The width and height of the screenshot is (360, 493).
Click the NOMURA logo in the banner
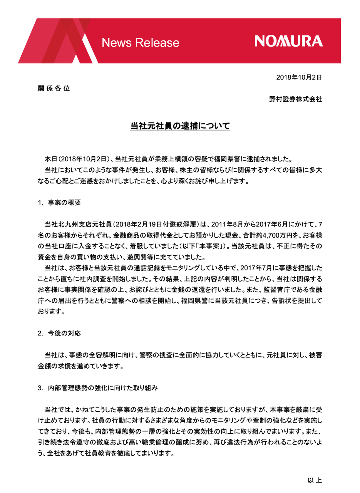tap(288, 41)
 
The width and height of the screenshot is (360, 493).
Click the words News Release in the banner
tap(141, 42)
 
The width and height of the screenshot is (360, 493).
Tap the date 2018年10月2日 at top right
tap(299, 77)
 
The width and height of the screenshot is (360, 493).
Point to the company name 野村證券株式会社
tap(295, 99)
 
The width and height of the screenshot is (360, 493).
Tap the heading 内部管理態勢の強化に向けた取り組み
tap(103, 388)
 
